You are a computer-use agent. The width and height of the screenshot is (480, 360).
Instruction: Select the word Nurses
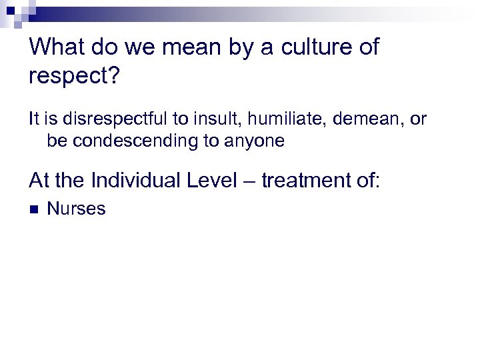(x=76, y=209)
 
